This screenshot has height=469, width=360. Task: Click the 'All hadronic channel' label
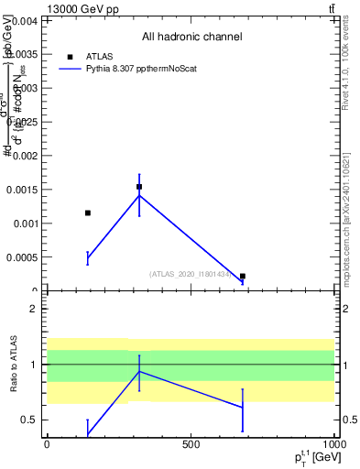pos(191,37)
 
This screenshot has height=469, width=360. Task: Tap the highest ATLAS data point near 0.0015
pos(139,187)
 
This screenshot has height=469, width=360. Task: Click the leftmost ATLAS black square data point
pos(88,213)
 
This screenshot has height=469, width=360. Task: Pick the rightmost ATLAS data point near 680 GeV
pos(243,276)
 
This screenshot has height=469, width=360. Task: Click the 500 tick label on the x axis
pos(191,444)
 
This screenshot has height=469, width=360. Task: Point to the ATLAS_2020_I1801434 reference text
pos(191,274)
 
